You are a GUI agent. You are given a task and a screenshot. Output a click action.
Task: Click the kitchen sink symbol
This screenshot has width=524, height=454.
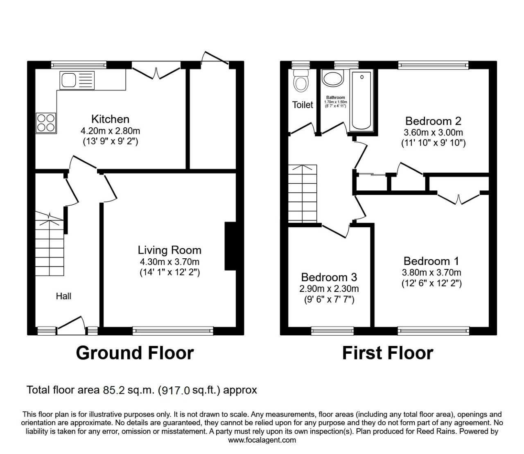point(77,80)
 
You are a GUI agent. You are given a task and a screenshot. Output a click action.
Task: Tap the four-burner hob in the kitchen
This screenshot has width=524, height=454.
point(46,122)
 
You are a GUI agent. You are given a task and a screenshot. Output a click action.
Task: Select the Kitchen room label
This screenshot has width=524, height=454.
point(110,119)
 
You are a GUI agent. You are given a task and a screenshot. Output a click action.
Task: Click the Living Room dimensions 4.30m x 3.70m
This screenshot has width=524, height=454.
point(169,262)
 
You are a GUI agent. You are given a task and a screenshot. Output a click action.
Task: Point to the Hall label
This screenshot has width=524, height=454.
point(63,296)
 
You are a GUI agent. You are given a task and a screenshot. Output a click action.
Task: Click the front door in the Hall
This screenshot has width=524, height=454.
point(70,323)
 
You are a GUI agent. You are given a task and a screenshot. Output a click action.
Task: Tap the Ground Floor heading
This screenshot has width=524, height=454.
point(135,353)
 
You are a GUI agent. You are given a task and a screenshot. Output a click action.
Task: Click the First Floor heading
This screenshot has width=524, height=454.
point(387,353)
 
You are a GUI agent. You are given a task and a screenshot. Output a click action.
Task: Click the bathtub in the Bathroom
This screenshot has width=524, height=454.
point(361,100)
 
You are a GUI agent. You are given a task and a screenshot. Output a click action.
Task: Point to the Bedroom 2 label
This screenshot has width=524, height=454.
point(433,121)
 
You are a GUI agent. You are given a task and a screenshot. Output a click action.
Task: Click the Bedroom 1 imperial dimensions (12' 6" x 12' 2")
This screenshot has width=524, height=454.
point(431,283)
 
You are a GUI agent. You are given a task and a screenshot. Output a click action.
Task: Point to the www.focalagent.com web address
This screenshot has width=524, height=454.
point(262,440)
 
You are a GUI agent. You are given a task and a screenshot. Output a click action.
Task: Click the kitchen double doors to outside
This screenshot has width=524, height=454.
point(156,71)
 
